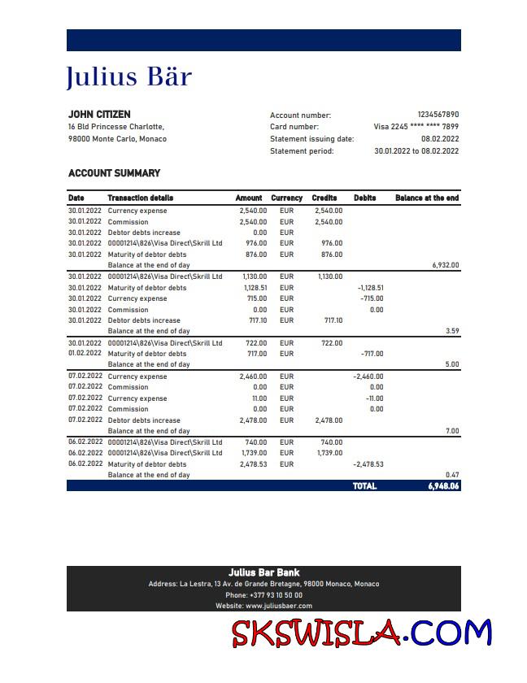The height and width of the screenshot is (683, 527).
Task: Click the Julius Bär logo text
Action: pos(128,77)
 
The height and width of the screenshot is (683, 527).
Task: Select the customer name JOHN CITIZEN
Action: pos(99,115)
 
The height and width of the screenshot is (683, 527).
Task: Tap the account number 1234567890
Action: pos(438,115)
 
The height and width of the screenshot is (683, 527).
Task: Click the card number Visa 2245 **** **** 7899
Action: pos(416,127)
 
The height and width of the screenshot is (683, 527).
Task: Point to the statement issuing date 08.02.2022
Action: pos(440,139)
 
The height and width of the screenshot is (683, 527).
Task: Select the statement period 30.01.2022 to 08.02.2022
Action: pos(416,151)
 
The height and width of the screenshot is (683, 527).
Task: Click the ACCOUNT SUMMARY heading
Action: pos(114,173)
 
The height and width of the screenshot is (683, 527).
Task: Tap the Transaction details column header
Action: pos(140,198)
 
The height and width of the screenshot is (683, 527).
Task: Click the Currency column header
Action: pos(286,198)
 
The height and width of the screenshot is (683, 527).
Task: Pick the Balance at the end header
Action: pos(426,198)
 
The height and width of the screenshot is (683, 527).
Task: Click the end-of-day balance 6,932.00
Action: pos(445,265)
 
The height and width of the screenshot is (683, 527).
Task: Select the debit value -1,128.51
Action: pos(370,288)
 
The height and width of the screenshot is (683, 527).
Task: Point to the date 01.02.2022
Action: pos(85,354)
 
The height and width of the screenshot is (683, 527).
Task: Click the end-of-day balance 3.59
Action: pos(451,332)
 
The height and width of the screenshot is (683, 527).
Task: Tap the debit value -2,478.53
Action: pos(370,464)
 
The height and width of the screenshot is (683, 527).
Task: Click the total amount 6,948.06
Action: pos(443,486)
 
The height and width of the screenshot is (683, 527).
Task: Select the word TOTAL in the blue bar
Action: pos(364,486)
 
